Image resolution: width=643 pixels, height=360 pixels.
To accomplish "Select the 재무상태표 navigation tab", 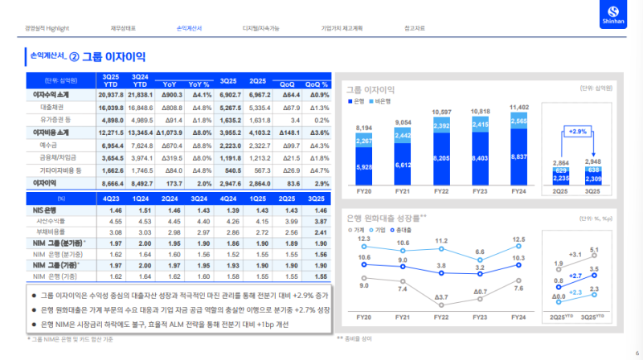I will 123,28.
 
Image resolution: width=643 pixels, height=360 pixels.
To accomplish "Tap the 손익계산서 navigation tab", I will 188,28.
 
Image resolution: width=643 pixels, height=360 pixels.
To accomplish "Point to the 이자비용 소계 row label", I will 51,132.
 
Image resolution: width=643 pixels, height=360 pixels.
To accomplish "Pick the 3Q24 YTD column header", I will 140,80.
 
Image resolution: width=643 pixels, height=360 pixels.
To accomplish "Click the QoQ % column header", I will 318,84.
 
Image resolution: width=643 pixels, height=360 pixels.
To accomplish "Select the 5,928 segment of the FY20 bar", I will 363,167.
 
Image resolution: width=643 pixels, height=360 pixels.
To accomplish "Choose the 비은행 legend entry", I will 383,101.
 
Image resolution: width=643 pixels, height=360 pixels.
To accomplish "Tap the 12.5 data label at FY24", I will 518,239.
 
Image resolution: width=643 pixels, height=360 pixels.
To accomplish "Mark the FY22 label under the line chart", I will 441,317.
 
